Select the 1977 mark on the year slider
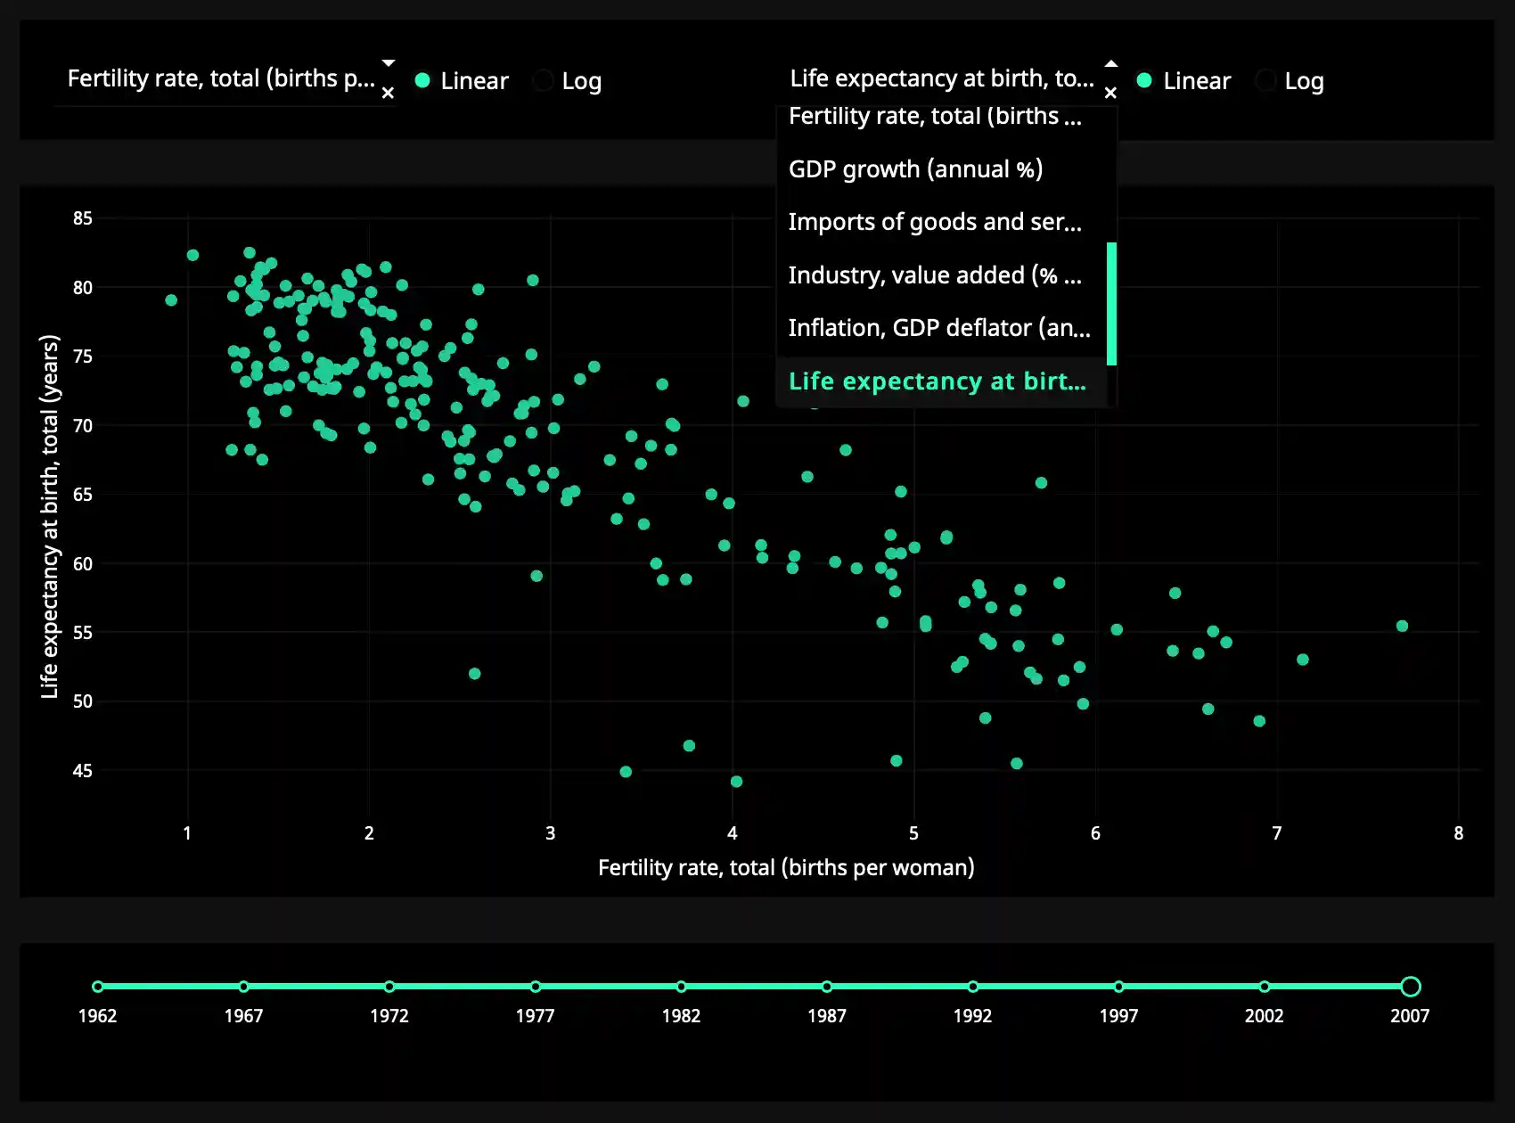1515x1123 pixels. tap(536, 987)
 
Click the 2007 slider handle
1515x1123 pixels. tap(1410, 987)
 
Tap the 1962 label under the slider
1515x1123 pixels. tap(97, 1016)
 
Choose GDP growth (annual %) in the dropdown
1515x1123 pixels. tap(915, 169)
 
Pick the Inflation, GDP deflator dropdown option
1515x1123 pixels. tap(939, 328)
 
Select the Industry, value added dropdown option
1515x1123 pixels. tap(935, 275)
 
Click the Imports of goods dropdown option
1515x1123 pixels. tap(935, 222)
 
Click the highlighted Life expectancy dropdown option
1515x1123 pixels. tap(938, 381)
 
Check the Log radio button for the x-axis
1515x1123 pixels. tap(543, 81)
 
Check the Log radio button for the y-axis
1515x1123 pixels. tap(1265, 81)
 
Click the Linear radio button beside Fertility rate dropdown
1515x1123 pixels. tap(423, 81)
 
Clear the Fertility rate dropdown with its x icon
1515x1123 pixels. tap(388, 93)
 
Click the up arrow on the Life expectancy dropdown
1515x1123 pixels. tap(1110, 63)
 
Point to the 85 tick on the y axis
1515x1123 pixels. tap(83, 218)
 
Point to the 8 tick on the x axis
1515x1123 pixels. tap(1458, 833)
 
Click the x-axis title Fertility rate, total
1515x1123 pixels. tap(786, 868)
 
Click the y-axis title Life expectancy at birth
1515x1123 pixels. tap(50, 517)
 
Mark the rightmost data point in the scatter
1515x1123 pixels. tap(1402, 627)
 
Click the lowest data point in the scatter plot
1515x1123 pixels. tap(736, 782)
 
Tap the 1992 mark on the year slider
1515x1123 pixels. tap(973, 987)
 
